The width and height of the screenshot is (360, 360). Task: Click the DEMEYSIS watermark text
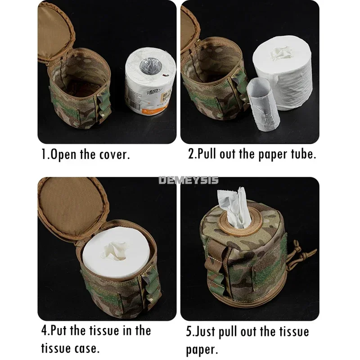click(x=188, y=180)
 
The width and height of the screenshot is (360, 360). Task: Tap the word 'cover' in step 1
click(x=114, y=155)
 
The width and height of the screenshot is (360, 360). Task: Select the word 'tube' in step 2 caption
click(x=302, y=154)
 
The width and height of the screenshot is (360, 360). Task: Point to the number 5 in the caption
click(x=189, y=333)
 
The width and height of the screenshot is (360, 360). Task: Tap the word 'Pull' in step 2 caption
click(x=209, y=154)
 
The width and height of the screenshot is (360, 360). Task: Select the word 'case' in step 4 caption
click(x=85, y=348)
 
